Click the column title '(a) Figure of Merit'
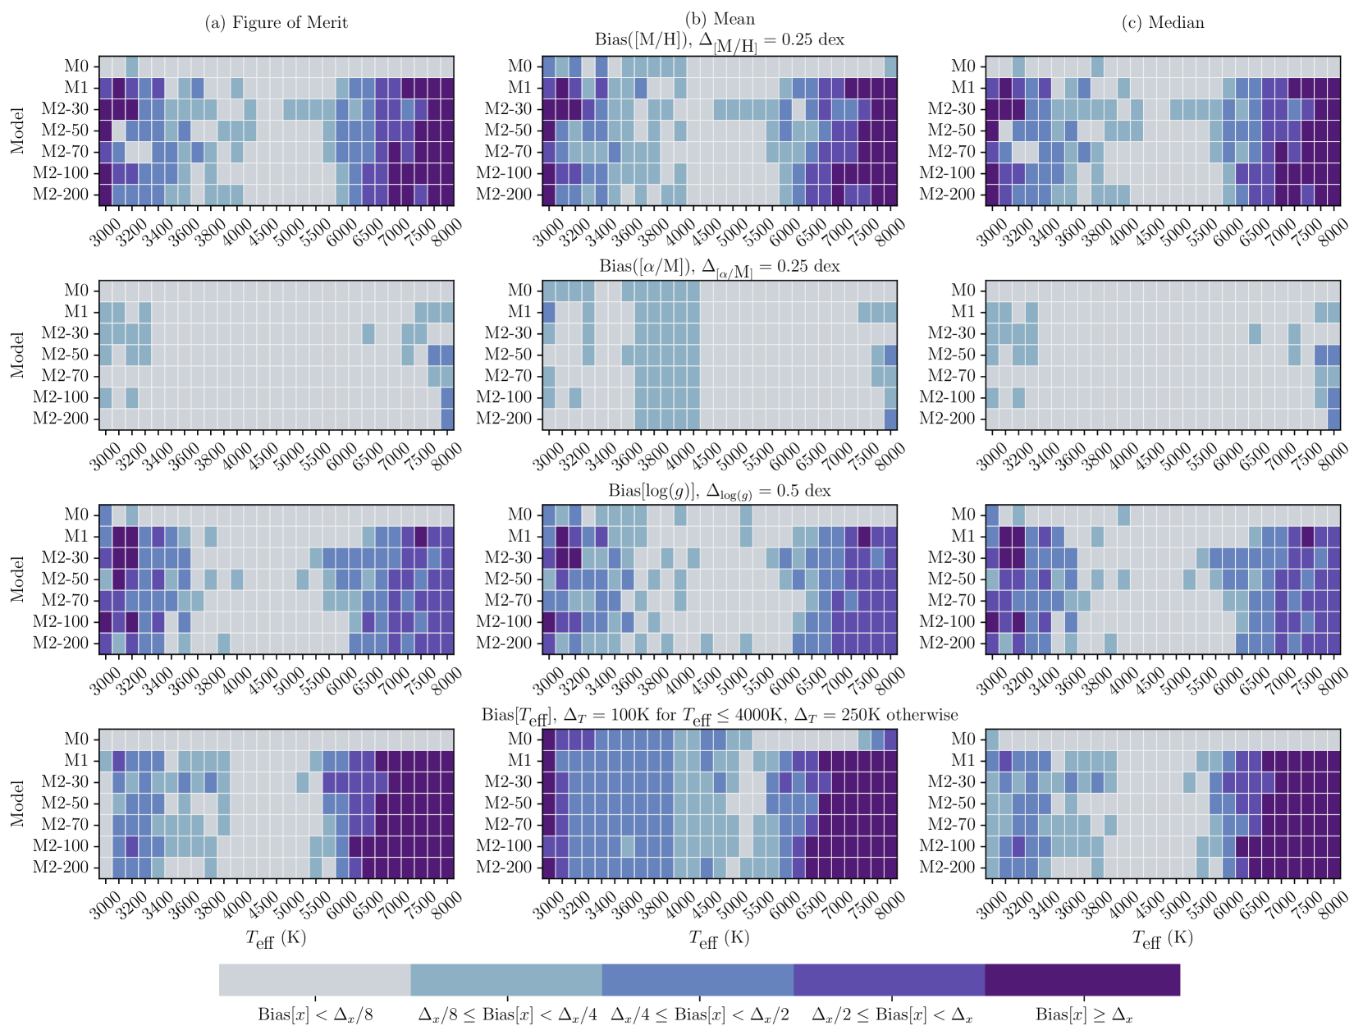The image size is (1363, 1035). point(276,23)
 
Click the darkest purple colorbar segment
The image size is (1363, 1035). point(1082,980)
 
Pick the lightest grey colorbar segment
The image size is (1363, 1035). point(314,980)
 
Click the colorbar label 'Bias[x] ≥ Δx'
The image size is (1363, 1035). point(1083,1015)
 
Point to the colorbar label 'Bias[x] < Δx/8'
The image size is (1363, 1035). point(315,1015)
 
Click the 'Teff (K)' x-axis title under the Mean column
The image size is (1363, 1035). point(719,939)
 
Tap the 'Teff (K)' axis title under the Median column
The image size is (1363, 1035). point(1162,939)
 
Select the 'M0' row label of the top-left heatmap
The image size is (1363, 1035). point(76,66)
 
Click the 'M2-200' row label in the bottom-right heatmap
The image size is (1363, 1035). point(947,868)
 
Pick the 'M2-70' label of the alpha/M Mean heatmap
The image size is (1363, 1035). point(509,376)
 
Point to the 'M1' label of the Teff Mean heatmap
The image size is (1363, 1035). point(519,761)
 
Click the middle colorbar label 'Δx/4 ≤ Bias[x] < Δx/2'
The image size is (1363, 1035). point(700,1015)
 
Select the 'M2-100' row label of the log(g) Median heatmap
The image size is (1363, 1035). point(947,622)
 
